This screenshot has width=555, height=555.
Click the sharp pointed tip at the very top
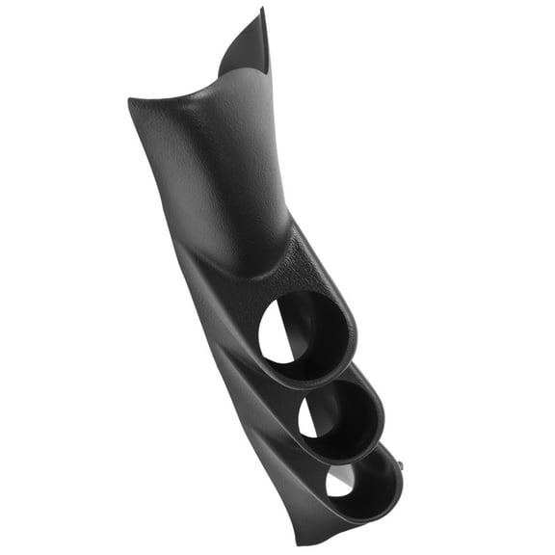tap(263, 10)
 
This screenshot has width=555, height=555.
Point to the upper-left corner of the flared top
tap(131, 98)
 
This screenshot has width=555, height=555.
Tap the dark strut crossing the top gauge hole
tap(290, 337)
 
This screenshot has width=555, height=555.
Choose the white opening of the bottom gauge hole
tap(336, 481)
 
